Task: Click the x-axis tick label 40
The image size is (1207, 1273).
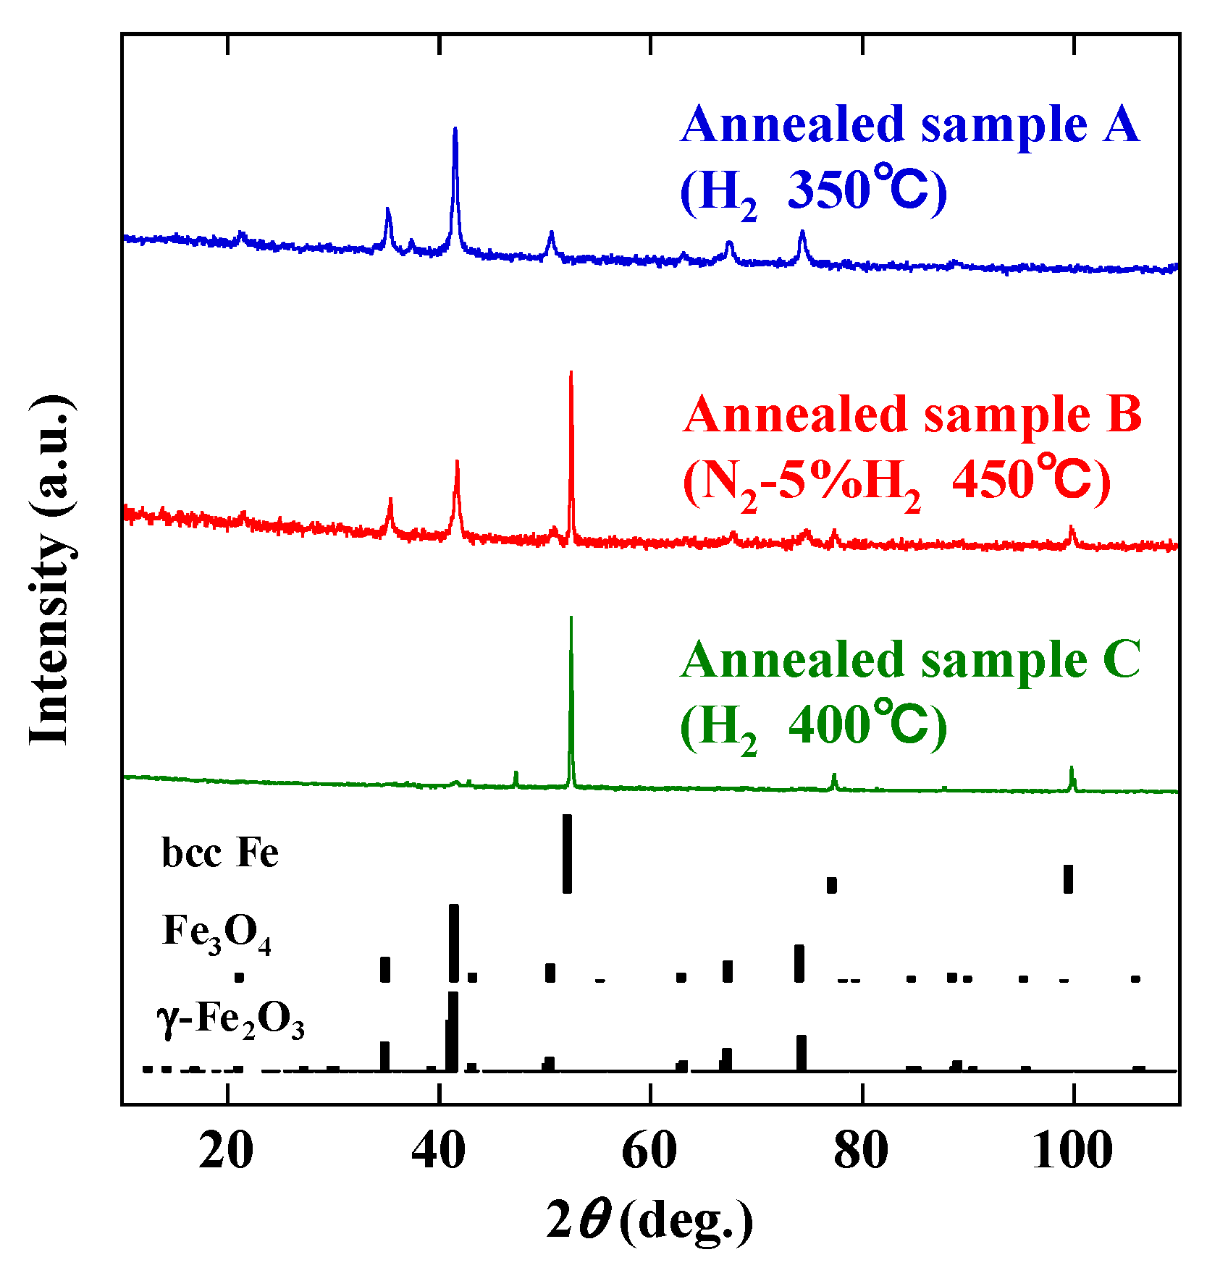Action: [438, 1151]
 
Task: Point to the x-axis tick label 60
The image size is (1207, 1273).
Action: [649, 1151]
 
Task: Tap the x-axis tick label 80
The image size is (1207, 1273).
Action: [861, 1151]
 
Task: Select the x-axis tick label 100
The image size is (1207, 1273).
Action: [1072, 1151]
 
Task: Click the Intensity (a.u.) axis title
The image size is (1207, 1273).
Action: [51, 570]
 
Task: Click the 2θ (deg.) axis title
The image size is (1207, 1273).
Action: [649, 1221]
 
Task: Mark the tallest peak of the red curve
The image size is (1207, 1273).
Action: [571, 373]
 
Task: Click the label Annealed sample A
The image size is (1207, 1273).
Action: [910, 124]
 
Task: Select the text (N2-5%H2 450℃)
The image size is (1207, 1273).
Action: [896, 482]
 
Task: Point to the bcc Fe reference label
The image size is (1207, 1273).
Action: [219, 853]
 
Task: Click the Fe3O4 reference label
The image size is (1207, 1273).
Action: [216, 934]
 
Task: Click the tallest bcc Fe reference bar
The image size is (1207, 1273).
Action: [567, 854]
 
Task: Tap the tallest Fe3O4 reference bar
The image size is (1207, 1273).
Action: [454, 943]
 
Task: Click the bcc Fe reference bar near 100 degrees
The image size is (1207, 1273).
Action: [1068, 879]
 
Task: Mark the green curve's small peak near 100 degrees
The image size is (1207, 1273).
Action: [1072, 769]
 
